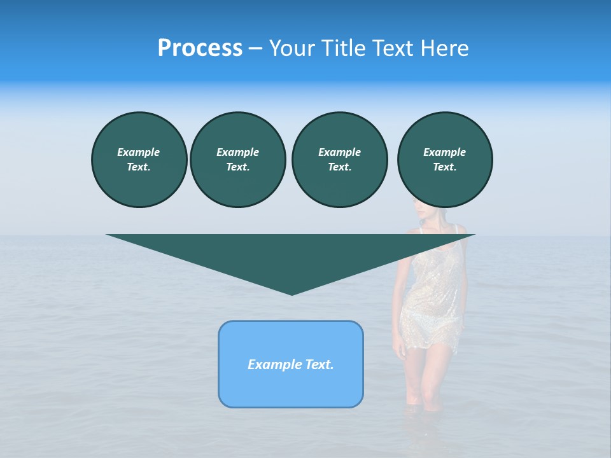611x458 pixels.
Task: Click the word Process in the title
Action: tap(200, 48)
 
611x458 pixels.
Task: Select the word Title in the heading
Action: tap(346, 48)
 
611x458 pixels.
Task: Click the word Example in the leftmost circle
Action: tap(139, 152)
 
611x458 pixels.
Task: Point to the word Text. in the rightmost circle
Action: tap(444, 167)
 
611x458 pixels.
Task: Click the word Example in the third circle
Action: tap(339, 152)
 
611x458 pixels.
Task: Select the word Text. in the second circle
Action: tap(237, 167)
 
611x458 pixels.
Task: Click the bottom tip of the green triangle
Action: tap(291, 293)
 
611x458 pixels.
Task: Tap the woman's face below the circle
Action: tap(421, 212)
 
